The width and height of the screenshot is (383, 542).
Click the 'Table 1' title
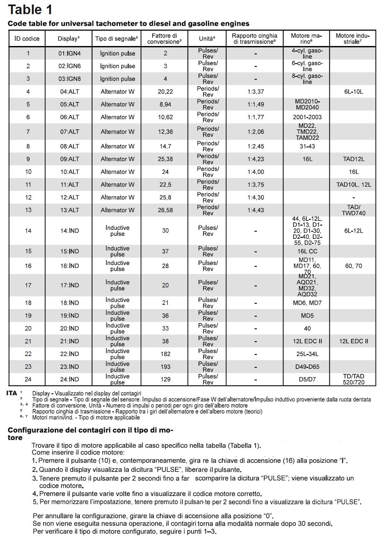30,10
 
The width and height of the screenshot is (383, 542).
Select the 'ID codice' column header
27,39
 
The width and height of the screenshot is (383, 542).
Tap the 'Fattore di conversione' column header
164,39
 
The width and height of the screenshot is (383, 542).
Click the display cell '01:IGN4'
70,53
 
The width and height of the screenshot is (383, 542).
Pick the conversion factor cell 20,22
165,92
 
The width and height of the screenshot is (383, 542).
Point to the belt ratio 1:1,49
256,104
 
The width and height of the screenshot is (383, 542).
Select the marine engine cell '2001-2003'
307,117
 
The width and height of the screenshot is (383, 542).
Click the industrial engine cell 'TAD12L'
353,159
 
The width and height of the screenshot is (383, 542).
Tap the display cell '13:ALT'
70,210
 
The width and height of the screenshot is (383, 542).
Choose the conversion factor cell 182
165,354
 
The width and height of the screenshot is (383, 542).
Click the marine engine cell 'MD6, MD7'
307,303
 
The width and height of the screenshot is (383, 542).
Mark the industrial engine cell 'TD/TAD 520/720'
353,379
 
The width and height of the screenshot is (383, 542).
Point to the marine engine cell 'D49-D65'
307,367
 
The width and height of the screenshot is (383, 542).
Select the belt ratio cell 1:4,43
256,210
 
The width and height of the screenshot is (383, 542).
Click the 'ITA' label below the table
12,393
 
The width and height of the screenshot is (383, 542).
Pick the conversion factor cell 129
165,379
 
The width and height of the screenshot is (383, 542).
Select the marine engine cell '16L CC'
307,251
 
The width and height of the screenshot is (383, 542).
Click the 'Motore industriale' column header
353,39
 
